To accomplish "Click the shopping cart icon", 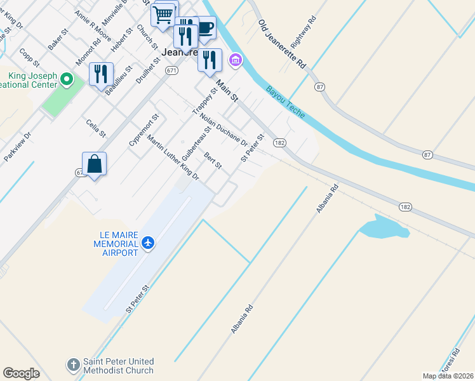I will point(164,13).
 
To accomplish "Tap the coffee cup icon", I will point(204,28).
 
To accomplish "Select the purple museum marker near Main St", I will point(236,60).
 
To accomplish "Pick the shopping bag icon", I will point(94,164).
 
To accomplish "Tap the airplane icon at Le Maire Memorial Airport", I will point(148,243).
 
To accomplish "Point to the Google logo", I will point(21,373).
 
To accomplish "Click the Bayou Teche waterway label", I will point(285,102).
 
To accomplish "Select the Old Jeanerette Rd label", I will point(283,44).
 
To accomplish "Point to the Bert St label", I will point(213,161).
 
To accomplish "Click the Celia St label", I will point(96,128).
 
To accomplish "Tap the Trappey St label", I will point(204,101).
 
